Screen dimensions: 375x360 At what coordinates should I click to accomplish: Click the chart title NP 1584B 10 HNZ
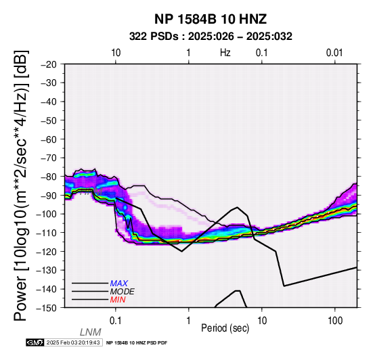coord(211,19)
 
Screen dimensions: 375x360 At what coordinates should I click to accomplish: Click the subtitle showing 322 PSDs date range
coord(211,37)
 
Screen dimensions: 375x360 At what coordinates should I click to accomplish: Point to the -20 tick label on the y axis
coord(49,64)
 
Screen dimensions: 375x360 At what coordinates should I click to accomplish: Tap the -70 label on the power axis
coord(49,158)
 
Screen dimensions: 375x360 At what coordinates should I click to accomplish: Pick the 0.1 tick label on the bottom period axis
coord(116,321)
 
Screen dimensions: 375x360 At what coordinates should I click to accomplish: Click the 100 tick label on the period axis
coord(335,321)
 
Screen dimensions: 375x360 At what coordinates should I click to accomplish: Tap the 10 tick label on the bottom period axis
coord(262,321)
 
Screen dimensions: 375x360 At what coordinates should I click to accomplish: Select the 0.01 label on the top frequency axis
coord(334,53)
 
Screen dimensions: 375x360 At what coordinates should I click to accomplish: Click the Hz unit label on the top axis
coord(225,53)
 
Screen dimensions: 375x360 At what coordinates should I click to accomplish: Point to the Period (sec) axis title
coord(225,328)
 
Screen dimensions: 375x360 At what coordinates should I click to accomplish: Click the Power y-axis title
coord(21,185)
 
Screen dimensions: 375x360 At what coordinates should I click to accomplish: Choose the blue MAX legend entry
coord(119,284)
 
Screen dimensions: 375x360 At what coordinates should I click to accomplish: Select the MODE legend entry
coord(123,292)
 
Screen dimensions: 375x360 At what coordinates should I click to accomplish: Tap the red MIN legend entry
coord(118,300)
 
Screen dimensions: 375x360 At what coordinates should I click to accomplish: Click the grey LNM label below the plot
coord(91,332)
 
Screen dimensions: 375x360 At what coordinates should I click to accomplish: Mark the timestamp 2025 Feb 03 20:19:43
coord(73,343)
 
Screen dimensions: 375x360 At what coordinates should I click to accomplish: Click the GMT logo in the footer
coord(35,343)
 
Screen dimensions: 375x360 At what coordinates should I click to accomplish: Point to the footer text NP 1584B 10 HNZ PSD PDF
coord(137,343)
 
